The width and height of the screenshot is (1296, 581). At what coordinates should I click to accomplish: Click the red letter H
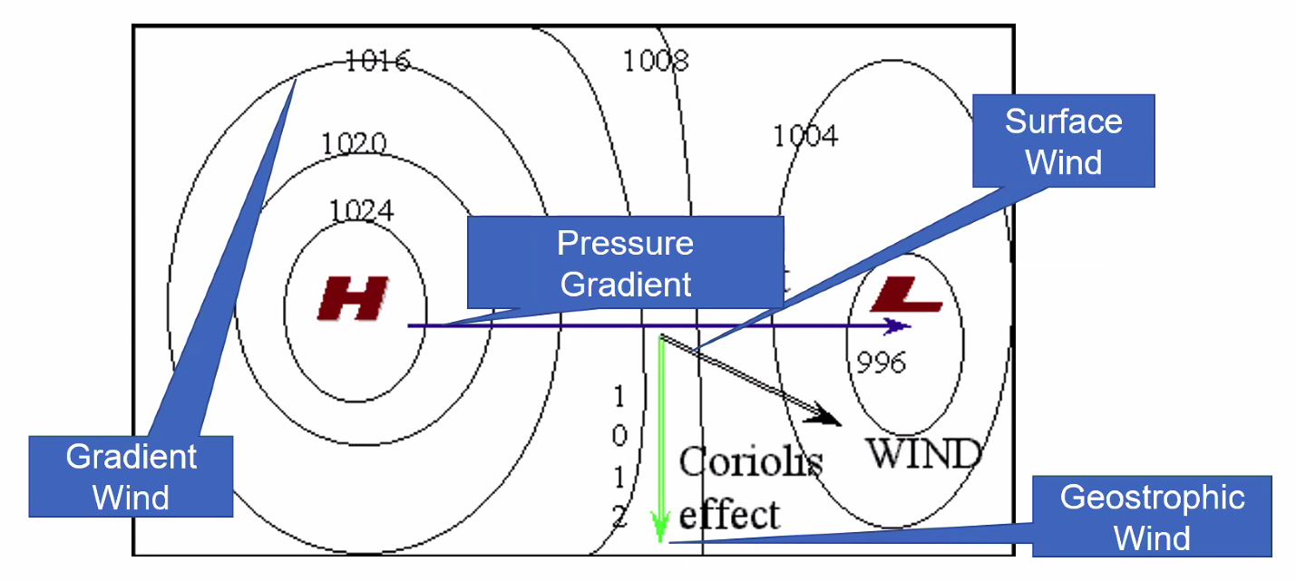coord(353,298)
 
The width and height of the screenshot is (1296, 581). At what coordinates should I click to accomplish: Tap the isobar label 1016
coord(377,62)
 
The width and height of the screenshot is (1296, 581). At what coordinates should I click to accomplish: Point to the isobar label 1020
coord(354,143)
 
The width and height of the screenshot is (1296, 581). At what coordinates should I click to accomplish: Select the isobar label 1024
coord(361,211)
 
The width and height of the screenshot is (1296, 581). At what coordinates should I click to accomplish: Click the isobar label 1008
coord(655,61)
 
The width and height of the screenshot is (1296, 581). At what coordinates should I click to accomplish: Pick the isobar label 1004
coord(805,136)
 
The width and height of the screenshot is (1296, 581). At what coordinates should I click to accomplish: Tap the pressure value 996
coord(881,363)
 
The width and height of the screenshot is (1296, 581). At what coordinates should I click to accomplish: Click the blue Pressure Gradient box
coord(625,262)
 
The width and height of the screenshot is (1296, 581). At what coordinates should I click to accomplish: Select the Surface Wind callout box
coord(1063,140)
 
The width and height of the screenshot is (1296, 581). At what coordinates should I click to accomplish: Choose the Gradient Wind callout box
coord(131,477)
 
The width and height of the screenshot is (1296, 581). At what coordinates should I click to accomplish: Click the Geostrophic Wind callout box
coord(1152,517)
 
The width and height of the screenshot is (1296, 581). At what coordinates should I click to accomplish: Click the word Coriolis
coord(750,462)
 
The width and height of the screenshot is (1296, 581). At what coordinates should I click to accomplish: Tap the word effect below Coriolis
coord(729,514)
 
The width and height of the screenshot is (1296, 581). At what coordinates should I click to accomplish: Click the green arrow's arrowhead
coord(660,528)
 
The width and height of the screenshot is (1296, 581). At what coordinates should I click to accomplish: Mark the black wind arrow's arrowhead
coord(828,416)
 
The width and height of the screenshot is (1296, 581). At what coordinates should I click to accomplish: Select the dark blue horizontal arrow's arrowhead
coord(898,326)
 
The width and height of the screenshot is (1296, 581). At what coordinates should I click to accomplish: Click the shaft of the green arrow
coord(661,426)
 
